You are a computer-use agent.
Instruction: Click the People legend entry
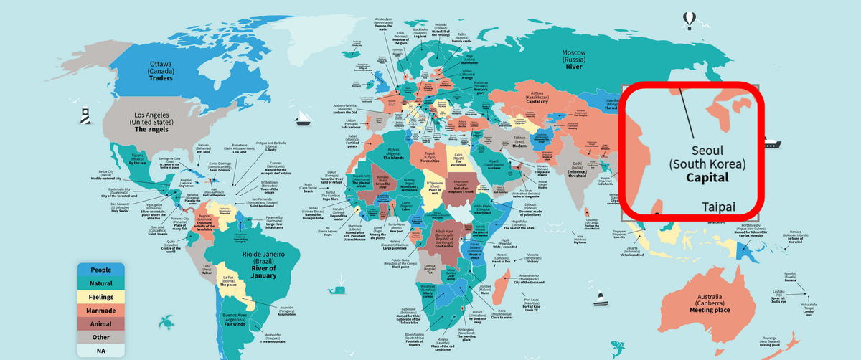(x=100, y=270)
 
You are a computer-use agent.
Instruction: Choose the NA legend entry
(x=100, y=351)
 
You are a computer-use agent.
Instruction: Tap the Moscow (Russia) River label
(x=574, y=62)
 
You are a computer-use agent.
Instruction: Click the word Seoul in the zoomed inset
(x=708, y=151)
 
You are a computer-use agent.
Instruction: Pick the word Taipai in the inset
(x=719, y=207)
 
